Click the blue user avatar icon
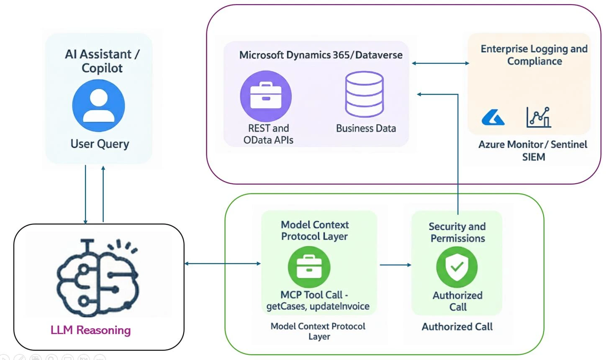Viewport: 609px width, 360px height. coord(98,105)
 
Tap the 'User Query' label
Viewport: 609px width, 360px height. coord(100,144)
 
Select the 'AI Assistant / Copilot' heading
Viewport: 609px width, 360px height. coord(102,61)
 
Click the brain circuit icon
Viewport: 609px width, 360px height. coord(98,278)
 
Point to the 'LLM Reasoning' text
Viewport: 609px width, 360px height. coord(90,330)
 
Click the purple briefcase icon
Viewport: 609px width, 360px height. coord(266,96)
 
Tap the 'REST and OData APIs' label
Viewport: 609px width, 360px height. coord(268,134)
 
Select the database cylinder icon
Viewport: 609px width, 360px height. coord(364,94)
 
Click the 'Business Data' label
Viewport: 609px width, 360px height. coord(366,129)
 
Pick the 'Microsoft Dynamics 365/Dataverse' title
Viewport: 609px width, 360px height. coord(321,55)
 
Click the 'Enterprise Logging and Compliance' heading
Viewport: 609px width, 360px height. coord(534,55)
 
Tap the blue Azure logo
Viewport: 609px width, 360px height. coord(493,117)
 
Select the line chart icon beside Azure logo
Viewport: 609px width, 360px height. coord(539,117)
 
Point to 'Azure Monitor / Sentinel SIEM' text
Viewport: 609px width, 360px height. coord(533,151)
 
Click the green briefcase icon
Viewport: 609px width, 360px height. coord(309,267)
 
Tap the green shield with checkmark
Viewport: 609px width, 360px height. coord(457,267)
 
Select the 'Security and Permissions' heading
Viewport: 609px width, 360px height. coord(457,232)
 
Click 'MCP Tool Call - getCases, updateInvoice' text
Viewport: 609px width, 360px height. coord(318,301)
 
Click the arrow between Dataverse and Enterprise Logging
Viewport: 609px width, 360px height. coord(440,63)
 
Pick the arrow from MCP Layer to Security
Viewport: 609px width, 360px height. coord(396,265)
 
